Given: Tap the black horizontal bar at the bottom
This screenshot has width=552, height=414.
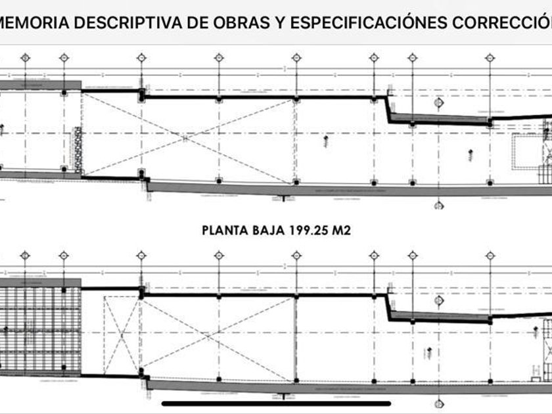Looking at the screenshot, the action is point(276,403).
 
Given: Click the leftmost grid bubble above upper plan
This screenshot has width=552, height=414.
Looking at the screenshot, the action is point(25,58).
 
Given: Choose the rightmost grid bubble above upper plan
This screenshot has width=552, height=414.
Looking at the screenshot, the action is point(489,58).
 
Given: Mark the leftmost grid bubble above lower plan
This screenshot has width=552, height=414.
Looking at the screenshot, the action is point(25,254).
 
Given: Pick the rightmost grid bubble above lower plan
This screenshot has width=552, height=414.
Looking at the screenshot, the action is point(489,254).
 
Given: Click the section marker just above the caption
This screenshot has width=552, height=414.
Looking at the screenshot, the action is point(436,206).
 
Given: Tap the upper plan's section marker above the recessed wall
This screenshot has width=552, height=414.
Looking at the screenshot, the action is point(436,103).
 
